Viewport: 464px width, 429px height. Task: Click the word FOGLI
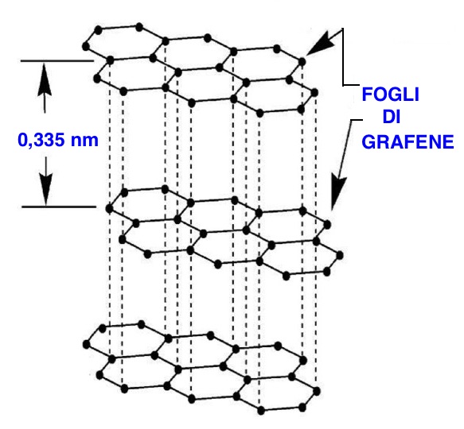[x=390, y=95]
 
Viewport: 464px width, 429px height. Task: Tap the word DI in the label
[x=392, y=117]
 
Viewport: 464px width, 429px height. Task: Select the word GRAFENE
[x=407, y=142]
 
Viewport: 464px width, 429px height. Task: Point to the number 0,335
[x=41, y=140]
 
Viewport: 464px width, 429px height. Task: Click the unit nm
[x=84, y=140]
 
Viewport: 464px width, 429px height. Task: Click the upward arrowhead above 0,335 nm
[x=45, y=79]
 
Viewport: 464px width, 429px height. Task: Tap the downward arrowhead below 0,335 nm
[x=46, y=189]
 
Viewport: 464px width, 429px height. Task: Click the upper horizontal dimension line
[x=57, y=61]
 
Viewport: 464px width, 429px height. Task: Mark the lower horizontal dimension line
[x=59, y=207]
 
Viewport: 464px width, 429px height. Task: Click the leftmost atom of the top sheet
[x=86, y=46]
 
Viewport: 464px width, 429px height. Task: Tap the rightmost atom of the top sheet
[x=314, y=93]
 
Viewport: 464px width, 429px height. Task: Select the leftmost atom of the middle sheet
[x=109, y=209]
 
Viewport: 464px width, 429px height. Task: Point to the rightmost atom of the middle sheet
[x=340, y=255]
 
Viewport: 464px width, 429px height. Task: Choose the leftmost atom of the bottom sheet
[x=87, y=344]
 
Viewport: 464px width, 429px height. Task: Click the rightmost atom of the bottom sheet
[x=317, y=392]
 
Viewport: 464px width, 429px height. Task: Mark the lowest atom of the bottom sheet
[x=261, y=411]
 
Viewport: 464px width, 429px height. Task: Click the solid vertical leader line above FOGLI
[x=343, y=57]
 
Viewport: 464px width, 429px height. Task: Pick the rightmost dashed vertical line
[x=315, y=242]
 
